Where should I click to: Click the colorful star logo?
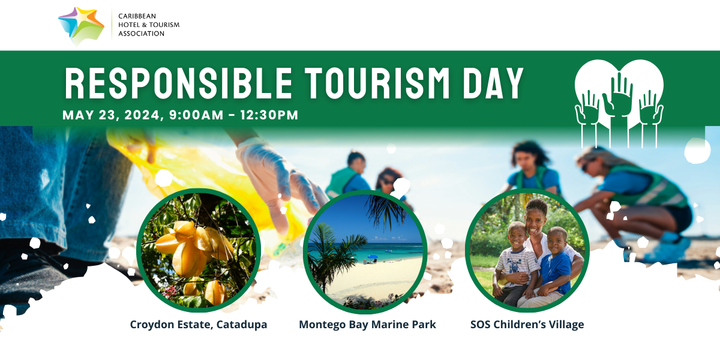[x=81, y=26]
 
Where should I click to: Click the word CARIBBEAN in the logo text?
[x=137, y=16]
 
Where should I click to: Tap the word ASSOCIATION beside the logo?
[x=142, y=34]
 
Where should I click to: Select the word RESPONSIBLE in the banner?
[x=178, y=83]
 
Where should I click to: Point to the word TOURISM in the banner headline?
[x=377, y=83]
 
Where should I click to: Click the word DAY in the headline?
[x=493, y=83]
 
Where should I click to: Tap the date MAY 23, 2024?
[x=111, y=115]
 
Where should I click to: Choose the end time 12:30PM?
[x=269, y=115]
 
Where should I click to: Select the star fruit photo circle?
[x=199, y=250]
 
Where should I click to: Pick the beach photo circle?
[x=365, y=251]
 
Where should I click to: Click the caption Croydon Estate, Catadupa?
[x=199, y=325]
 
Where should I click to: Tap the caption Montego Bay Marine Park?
[x=367, y=325]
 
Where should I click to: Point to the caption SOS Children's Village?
[x=527, y=325]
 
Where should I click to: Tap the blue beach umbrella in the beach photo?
[x=373, y=257]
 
